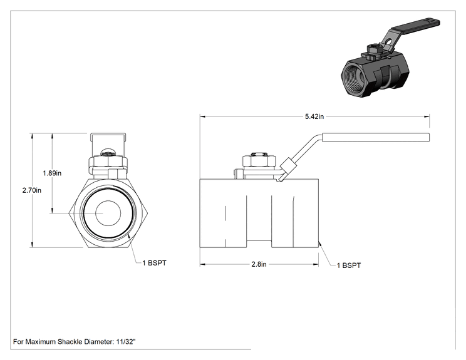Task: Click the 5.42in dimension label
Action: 314,116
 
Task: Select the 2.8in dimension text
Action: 259,264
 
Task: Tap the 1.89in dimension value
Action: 52,173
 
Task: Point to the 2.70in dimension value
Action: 32,190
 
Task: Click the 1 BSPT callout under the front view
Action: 154,263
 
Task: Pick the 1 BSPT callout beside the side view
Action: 349,265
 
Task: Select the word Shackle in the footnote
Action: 70,342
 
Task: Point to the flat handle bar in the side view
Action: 376,137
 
